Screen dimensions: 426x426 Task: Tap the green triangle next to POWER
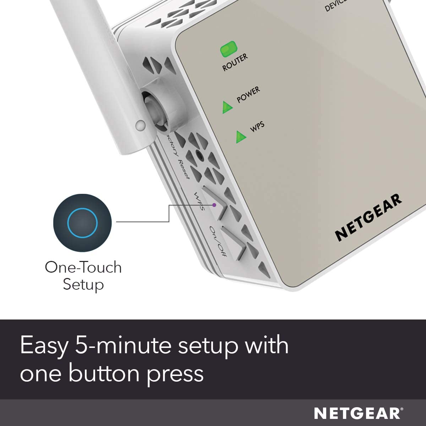tap(227, 107)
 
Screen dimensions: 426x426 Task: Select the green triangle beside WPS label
tap(241, 137)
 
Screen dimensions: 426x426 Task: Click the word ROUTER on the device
tap(235, 62)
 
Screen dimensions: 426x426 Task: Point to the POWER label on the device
tap(248, 94)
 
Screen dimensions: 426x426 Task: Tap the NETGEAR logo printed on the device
tap(368, 217)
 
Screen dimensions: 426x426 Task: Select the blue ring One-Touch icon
tap(82, 223)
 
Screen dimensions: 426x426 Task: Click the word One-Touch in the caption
tap(83, 267)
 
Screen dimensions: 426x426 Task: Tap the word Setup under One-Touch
tap(83, 284)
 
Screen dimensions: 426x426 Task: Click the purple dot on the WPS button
tap(214, 205)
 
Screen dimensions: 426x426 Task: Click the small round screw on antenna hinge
tap(141, 125)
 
